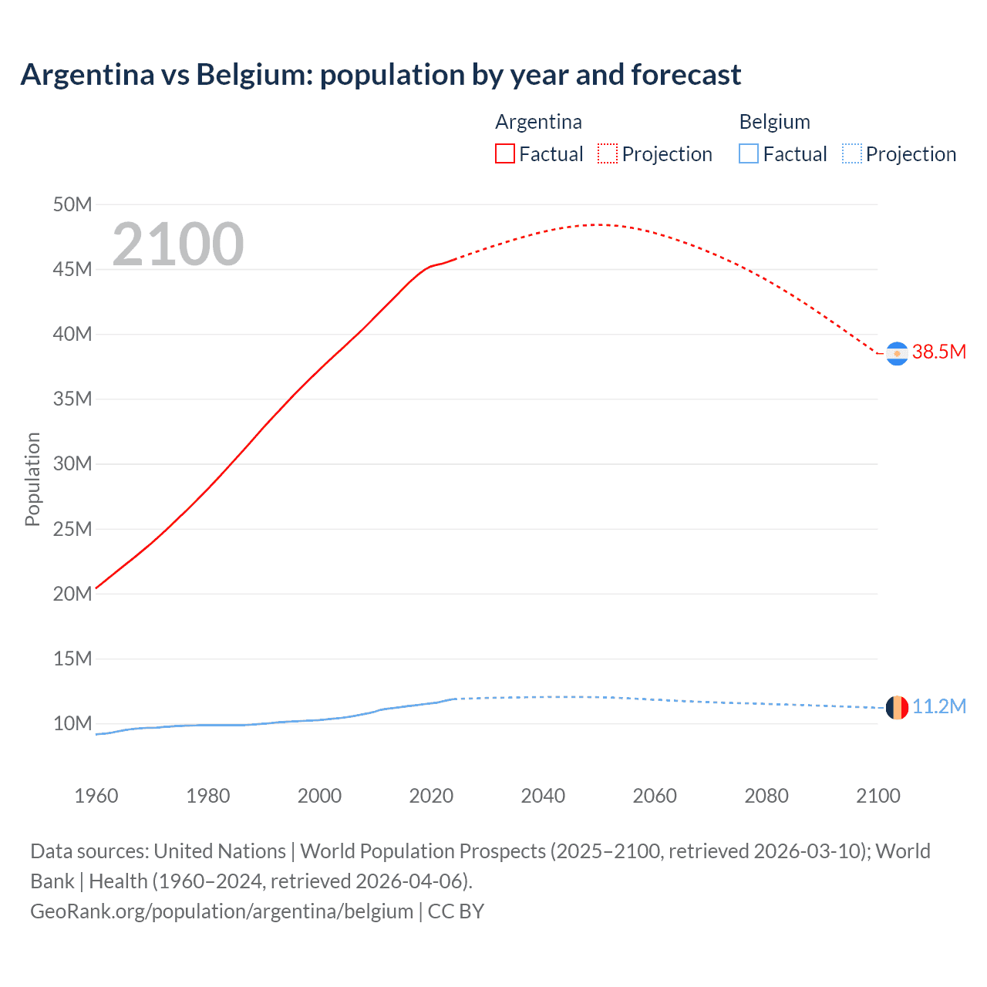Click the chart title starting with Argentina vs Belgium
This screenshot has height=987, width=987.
(x=380, y=75)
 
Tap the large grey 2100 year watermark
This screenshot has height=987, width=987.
(x=178, y=244)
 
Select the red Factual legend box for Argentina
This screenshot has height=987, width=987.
(x=504, y=154)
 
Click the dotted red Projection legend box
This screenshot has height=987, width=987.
(x=608, y=154)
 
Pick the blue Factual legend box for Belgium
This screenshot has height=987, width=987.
(x=748, y=154)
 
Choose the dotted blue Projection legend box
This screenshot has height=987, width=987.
(x=852, y=154)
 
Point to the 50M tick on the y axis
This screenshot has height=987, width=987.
(x=72, y=204)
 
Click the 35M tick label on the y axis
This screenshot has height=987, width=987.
(x=72, y=399)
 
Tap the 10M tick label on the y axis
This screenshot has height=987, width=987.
(x=72, y=723)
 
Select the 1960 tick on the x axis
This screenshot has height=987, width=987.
(x=96, y=796)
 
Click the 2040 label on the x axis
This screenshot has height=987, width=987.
(x=543, y=796)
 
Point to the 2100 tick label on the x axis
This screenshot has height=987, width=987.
(x=878, y=796)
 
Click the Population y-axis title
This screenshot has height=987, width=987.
(x=32, y=479)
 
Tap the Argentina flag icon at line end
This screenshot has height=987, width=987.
(x=897, y=353)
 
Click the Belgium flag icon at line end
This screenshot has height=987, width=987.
(x=897, y=707)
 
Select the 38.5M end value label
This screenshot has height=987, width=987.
(x=938, y=352)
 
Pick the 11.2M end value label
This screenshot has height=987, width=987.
(x=938, y=707)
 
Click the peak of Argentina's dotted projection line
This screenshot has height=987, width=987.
(x=600, y=224)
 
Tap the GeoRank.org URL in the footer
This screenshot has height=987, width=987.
(x=222, y=911)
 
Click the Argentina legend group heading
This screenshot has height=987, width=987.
(x=538, y=122)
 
